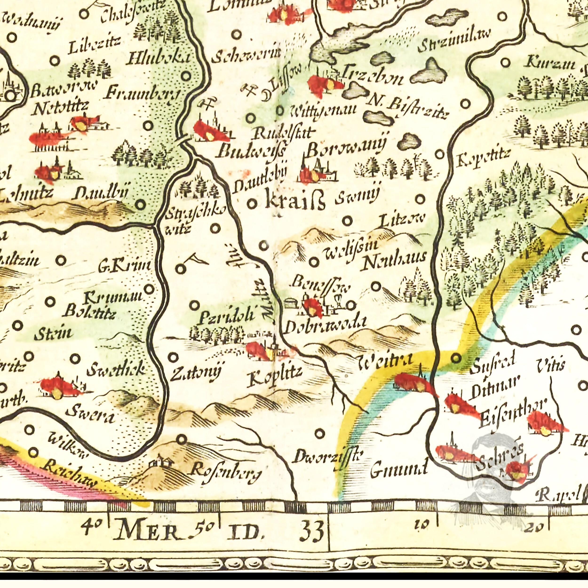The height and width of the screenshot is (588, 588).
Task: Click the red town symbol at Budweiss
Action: pyautogui.click(x=210, y=131)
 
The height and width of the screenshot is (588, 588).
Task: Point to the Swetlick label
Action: pyautogui.click(x=116, y=369)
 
